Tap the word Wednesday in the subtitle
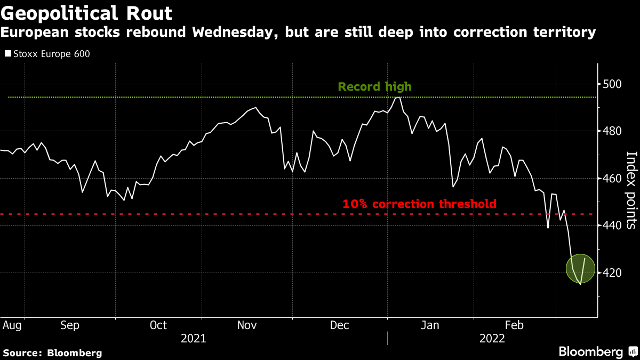coord(236,33)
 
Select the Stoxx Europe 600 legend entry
coord(47,54)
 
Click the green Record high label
coord(375,87)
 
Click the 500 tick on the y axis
coord(611,84)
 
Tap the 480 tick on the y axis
coord(611,131)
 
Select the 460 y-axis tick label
coord(611,178)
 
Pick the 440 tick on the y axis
coord(611,226)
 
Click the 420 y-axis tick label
coord(611,273)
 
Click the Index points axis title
coord(631,190)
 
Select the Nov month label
coord(247,325)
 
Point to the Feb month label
coord(515,325)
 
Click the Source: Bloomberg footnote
coord(52,353)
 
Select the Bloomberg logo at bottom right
coord(596,351)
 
